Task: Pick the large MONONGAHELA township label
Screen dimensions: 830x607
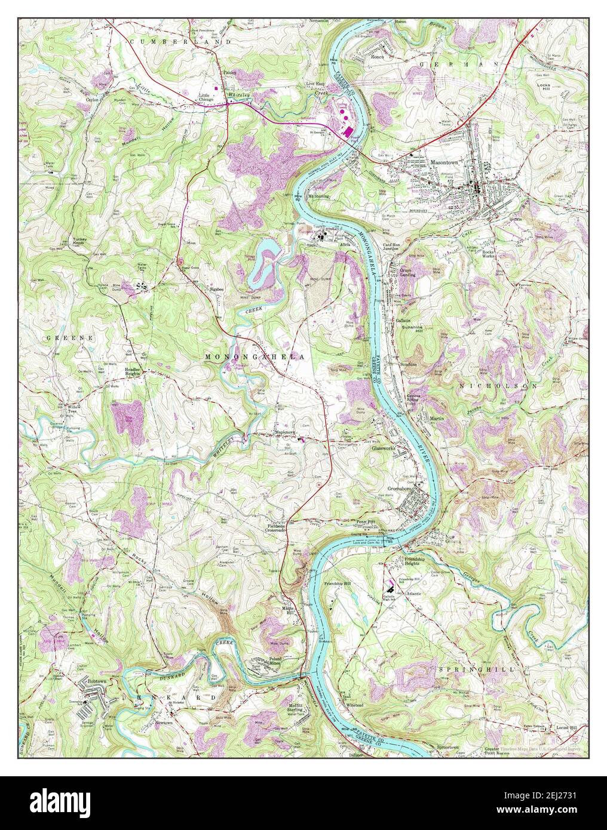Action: tap(255, 356)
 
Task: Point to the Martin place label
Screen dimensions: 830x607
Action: tap(437, 419)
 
